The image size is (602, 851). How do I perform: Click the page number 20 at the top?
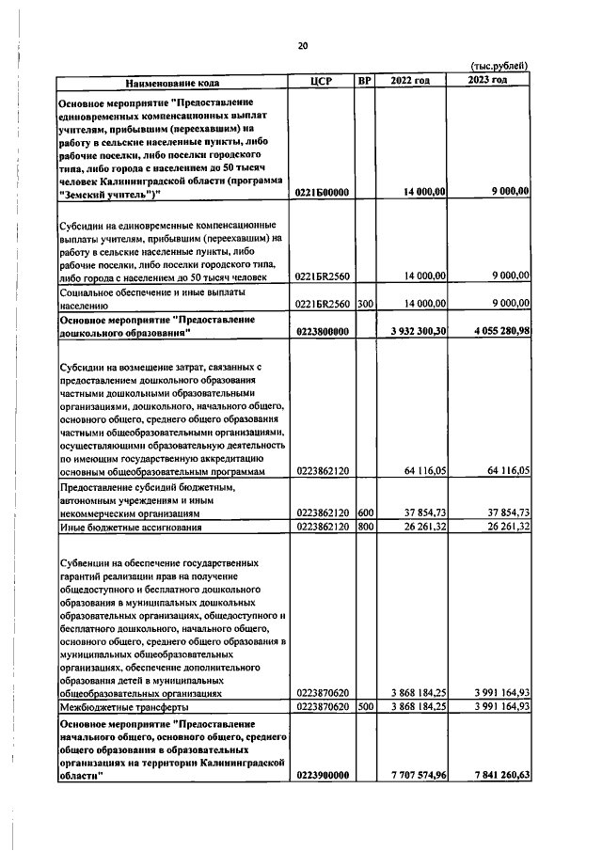point(302,45)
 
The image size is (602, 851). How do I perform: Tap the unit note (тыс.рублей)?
point(499,65)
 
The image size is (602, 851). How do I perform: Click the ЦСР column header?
point(323,81)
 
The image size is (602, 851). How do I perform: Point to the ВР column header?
point(365,81)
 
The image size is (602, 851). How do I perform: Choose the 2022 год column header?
point(410,81)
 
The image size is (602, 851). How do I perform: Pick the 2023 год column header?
point(488,81)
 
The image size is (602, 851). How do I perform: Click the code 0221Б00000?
point(322,192)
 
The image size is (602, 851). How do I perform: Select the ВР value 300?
point(365,304)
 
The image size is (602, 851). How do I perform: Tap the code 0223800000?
point(322,331)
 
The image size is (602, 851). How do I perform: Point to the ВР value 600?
point(365,512)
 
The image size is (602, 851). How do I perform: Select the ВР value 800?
point(365,528)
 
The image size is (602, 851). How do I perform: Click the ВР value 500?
point(365,705)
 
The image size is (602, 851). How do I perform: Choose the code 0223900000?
point(322,775)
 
